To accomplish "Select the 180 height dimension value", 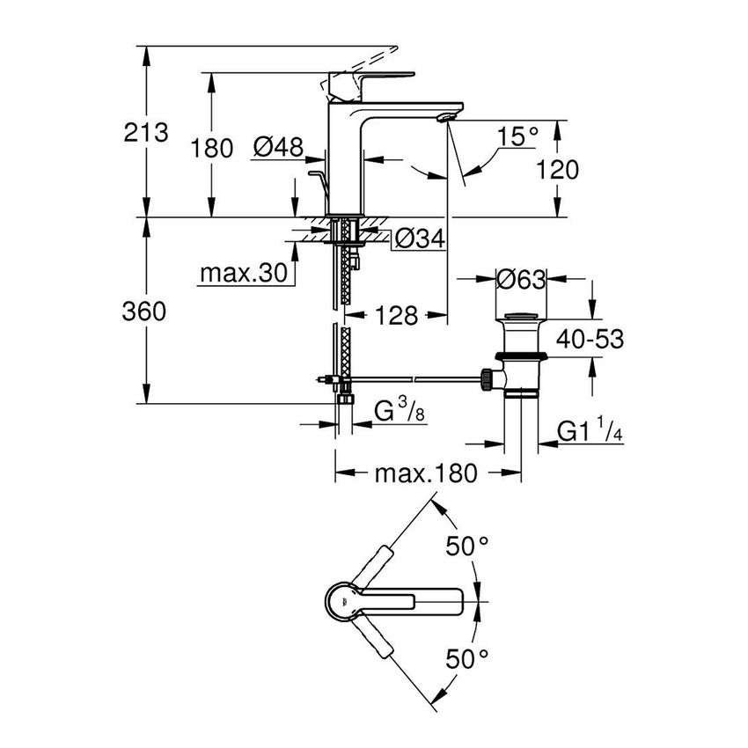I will (x=210, y=147).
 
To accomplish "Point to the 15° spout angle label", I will (x=517, y=136).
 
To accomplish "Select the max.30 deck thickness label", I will (x=243, y=274).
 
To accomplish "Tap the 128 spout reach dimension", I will (x=392, y=315).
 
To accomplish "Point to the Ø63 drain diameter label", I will (x=521, y=280).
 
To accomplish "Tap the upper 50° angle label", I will (x=466, y=546).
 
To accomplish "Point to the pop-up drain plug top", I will (x=521, y=317).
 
